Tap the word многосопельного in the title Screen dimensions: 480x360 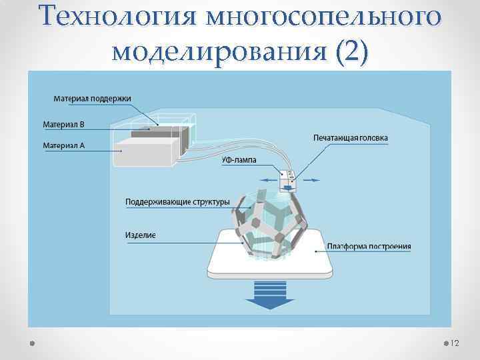click(324, 16)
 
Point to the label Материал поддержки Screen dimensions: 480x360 click(92, 98)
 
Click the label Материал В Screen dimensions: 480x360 click(64, 124)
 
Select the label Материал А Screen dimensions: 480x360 click(64, 145)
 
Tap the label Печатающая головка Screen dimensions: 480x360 click(350, 137)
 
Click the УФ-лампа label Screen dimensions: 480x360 click(238, 160)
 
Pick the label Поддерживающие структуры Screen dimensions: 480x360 click(177, 201)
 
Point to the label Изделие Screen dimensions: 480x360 click(141, 235)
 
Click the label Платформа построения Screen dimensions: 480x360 click(369, 247)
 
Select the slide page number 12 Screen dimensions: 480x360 click(455, 343)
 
